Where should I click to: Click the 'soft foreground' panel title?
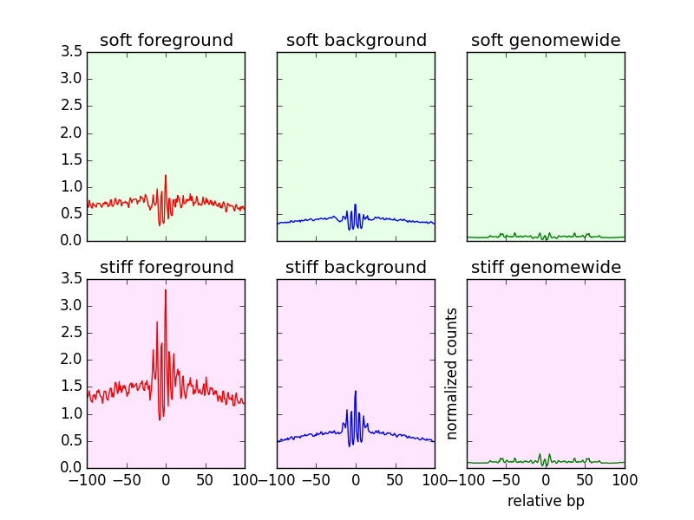(166, 41)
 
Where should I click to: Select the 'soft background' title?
(356, 41)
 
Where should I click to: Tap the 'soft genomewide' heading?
(546, 41)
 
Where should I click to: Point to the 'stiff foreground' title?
(166, 267)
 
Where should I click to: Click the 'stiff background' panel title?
(356, 267)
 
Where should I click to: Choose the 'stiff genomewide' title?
(546, 267)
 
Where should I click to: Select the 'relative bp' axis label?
(546, 501)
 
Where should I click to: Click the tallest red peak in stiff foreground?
(166, 290)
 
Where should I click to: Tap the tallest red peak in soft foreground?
(166, 176)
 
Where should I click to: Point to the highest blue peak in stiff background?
(356, 392)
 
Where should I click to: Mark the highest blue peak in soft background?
(356, 205)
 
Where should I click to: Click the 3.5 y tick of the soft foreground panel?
(73, 52)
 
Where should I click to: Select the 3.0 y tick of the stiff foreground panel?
(73, 306)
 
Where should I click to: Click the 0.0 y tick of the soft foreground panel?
(73, 241)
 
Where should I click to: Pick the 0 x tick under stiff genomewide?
(546, 479)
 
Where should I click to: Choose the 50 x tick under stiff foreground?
(205, 479)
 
